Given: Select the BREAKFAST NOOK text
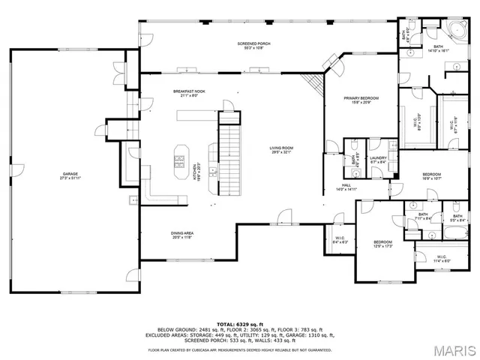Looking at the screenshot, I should coord(189,91).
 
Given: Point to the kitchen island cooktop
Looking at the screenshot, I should coord(180,158).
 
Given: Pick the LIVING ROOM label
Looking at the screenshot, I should coord(280,148).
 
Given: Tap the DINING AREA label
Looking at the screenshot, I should coord(183,233).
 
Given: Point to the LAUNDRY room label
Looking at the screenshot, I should coord(377,158).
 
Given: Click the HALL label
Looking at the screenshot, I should coord(346,185).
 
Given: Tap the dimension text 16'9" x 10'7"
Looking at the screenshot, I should coord(430,178).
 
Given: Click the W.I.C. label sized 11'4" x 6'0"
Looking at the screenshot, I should coord(441,257).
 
